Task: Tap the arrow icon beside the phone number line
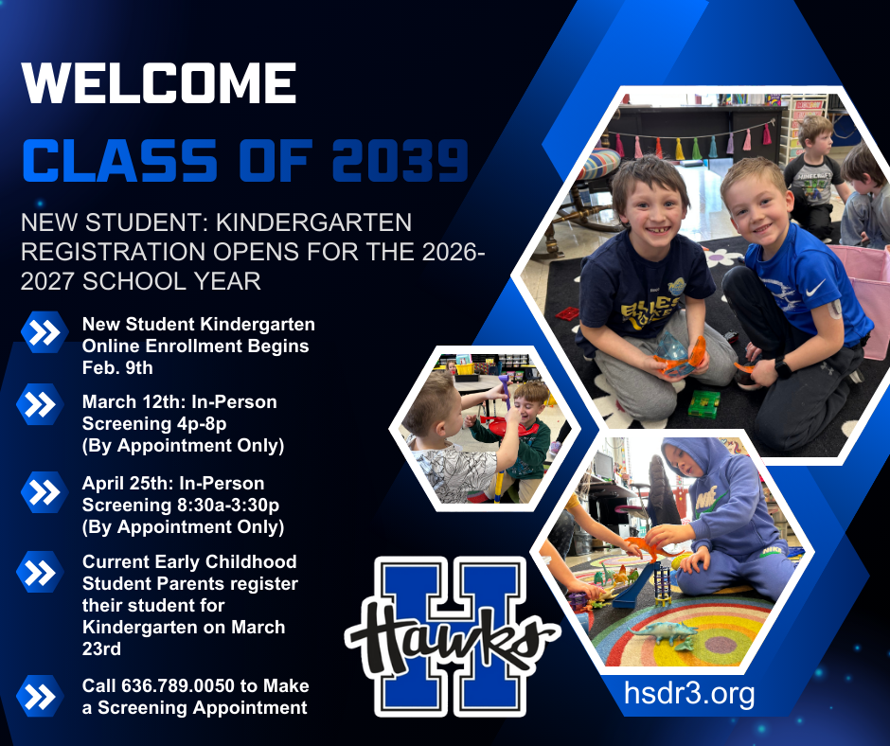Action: [x=40, y=696]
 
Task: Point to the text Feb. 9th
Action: [x=117, y=367]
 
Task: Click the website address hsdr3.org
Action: [x=689, y=694]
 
